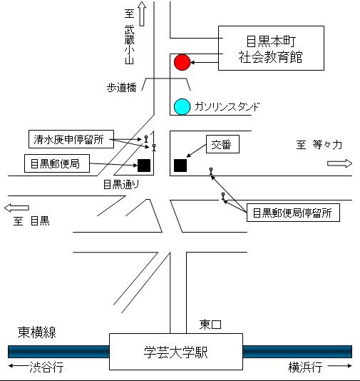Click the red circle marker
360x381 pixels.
(182, 63)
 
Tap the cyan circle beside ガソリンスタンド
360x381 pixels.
(182, 107)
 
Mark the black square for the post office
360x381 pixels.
(144, 166)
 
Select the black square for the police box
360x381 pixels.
(180, 166)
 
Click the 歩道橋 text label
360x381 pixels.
(122, 88)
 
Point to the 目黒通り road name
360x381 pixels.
(121, 184)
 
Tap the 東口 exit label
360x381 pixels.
(210, 325)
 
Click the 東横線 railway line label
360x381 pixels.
(37, 332)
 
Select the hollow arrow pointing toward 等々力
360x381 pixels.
(339, 163)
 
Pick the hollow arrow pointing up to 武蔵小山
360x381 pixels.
(142, 14)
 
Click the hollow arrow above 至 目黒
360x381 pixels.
(16, 208)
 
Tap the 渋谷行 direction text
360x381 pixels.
(46, 367)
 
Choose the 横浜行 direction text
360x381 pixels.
(305, 367)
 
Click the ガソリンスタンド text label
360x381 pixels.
(227, 107)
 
